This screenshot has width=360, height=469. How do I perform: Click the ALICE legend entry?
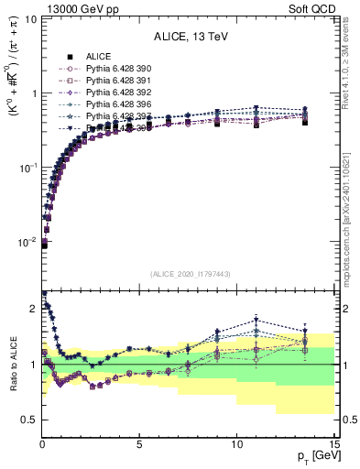(98, 57)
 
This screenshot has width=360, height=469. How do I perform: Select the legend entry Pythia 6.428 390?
(114, 69)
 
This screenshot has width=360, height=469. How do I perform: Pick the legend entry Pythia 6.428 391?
(114, 81)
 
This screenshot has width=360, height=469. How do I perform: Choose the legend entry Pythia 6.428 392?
(114, 93)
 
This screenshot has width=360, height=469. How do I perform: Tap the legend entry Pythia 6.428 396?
(114, 104)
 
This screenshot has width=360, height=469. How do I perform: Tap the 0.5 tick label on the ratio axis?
(27, 420)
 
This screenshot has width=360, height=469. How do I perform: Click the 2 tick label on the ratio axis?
(32, 309)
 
